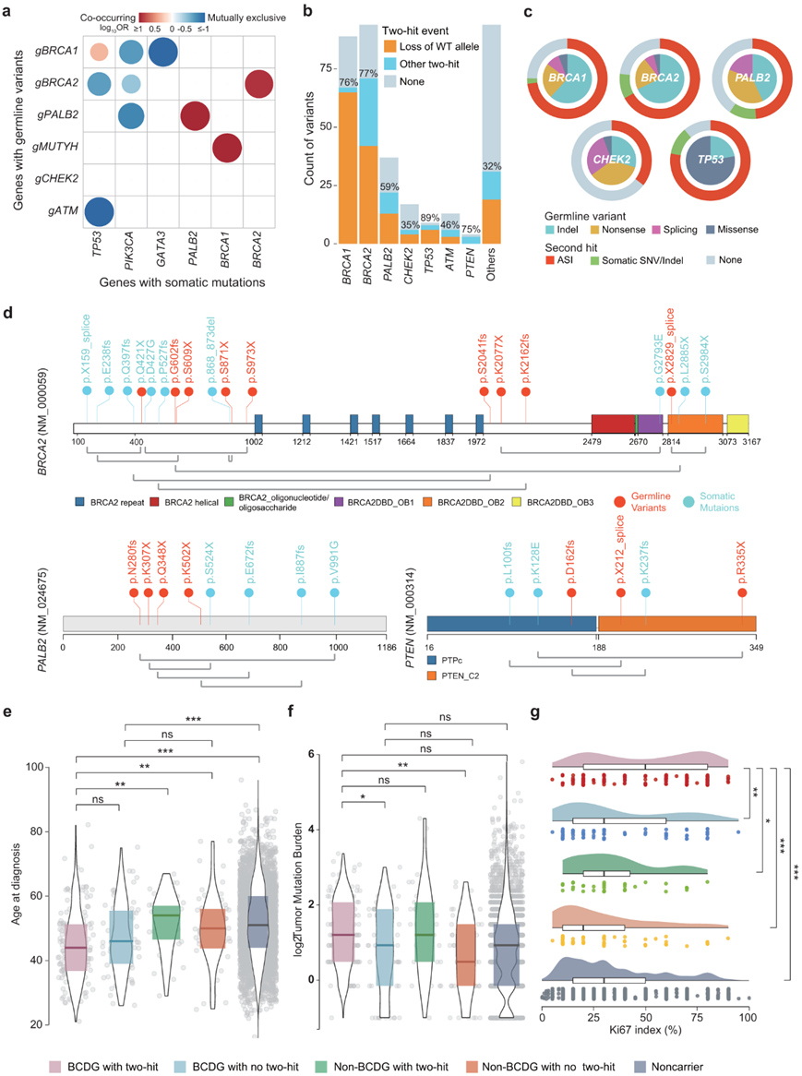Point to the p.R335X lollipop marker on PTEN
pos(743,593)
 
